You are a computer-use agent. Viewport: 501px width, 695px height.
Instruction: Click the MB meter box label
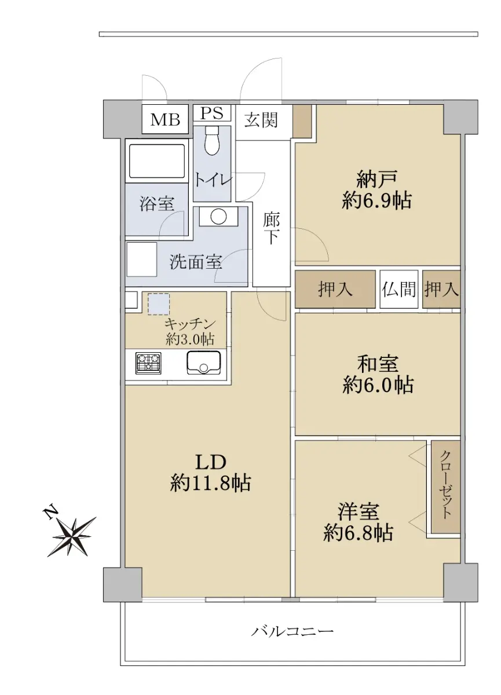[x=165, y=120]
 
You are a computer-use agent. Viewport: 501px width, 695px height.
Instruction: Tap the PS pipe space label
[x=212, y=113]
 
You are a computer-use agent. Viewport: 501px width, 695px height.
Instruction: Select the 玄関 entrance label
[x=261, y=120]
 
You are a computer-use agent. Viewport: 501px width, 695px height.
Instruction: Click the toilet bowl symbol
[x=212, y=141]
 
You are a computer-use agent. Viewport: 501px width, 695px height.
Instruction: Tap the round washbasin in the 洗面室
[x=218, y=216]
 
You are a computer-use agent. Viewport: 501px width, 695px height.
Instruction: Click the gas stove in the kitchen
[x=148, y=363]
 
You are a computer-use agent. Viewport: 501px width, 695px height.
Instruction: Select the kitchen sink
[x=203, y=363]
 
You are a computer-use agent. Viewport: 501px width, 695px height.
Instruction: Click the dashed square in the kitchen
[x=159, y=304]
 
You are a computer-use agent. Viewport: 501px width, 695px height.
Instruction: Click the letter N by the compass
[x=50, y=513]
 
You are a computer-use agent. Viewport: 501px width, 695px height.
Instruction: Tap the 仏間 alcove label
[x=398, y=290]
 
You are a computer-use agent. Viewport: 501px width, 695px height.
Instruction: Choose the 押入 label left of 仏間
[x=335, y=290]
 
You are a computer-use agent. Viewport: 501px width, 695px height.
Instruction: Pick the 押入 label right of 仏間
[x=441, y=290]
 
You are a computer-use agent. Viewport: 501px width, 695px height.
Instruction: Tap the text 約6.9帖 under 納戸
[x=377, y=201]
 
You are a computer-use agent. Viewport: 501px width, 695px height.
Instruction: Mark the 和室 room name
[x=378, y=364]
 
